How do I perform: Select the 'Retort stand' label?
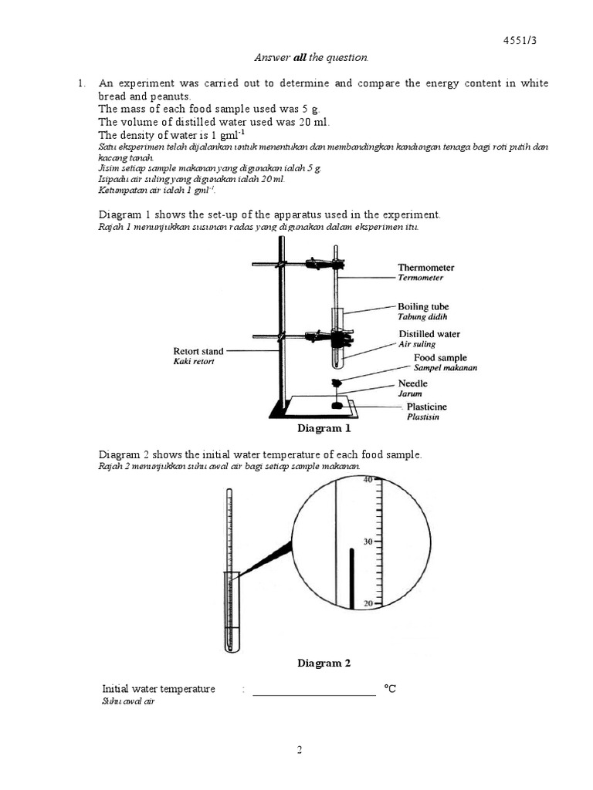(198, 351)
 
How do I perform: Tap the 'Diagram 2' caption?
(324, 663)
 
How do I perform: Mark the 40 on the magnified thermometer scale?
(368, 480)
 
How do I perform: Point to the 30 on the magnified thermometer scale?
(368, 542)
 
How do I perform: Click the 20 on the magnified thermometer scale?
(368, 604)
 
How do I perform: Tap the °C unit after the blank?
(390, 688)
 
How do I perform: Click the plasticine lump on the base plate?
(337, 405)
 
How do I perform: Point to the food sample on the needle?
(337, 383)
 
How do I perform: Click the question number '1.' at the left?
(81, 83)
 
